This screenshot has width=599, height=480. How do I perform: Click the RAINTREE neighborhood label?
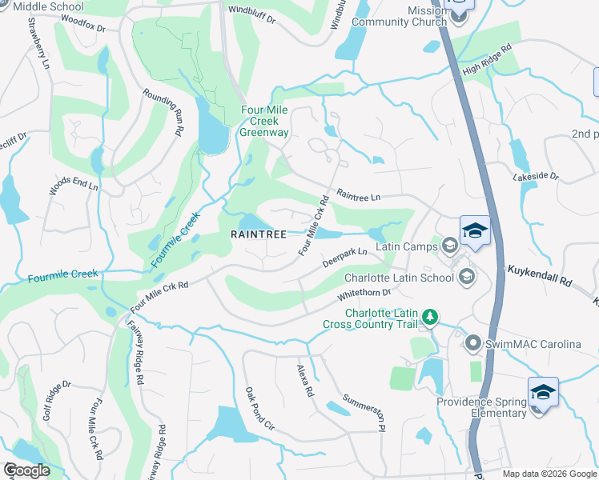coord(259,234)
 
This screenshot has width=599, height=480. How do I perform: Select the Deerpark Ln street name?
coord(344,257)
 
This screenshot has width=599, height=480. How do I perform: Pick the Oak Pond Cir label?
coord(259,408)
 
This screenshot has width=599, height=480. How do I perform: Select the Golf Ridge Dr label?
coord(57,401)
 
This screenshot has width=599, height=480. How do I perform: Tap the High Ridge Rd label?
coord(486,61)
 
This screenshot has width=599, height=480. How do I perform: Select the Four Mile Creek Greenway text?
coord(263,122)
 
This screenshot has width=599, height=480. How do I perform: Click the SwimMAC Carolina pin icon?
coord(472,344)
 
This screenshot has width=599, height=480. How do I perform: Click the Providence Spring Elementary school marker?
coord(542,394)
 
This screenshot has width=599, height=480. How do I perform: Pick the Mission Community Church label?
coord(414,16)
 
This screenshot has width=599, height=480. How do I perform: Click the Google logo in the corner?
coord(26,470)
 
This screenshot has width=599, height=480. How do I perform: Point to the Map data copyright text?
coord(549,474)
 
